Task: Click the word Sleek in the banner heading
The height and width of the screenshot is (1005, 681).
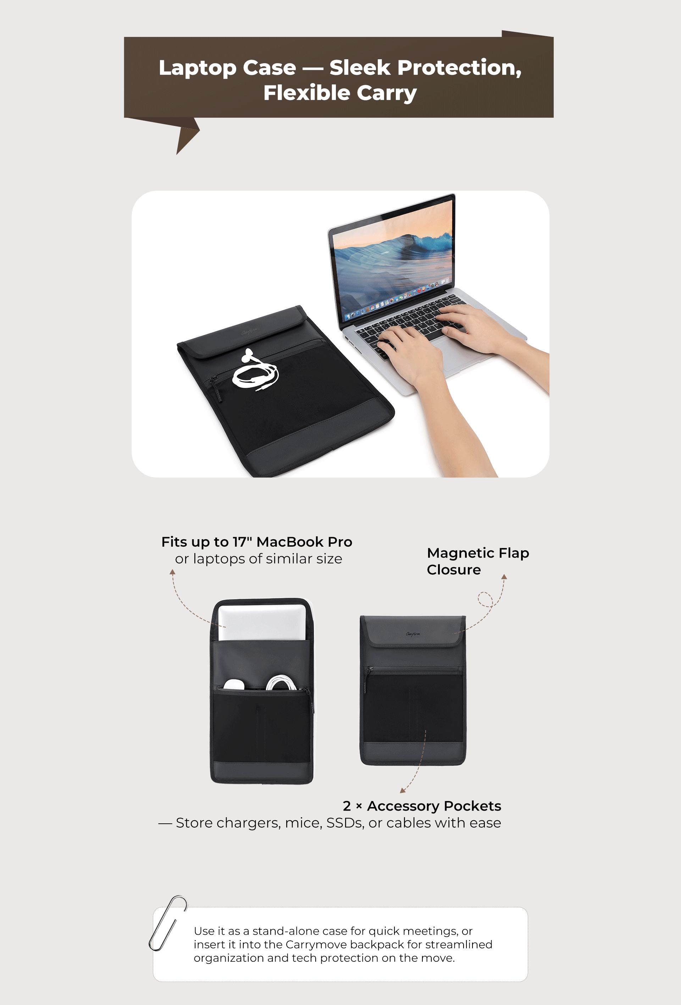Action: [x=360, y=67]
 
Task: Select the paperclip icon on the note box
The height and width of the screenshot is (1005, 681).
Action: [x=168, y=923]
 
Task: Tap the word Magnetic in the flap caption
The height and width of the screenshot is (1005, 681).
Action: [x=460, y=553]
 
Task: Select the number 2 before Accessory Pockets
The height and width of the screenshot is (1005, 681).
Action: [x=347, y=806]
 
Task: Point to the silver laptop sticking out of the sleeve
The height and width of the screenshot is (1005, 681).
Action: [x=262, y=622]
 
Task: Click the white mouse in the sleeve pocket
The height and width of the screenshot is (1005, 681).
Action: [x=234, y=685]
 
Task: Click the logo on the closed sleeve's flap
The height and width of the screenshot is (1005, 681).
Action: [x=413, y=634]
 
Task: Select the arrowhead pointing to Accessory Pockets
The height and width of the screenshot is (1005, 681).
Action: [x=403, y=790]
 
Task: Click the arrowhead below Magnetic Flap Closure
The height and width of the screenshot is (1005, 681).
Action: [x=504, y=577]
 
